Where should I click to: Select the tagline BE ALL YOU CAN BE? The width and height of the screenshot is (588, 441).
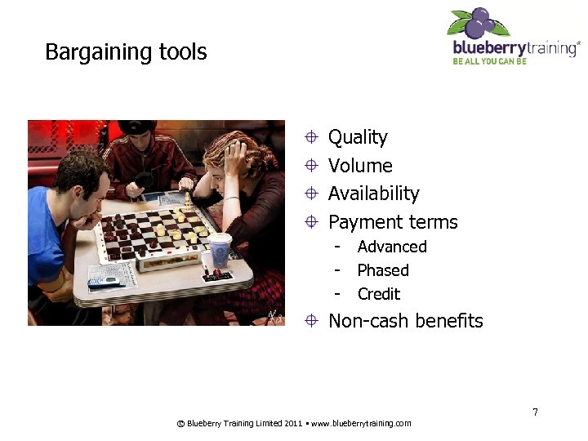coord(490,61)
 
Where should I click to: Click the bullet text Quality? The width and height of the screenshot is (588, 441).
coord(358,137)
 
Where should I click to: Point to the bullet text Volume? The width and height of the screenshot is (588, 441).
coord(360,166)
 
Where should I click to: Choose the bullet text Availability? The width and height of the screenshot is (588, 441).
coord(373,194)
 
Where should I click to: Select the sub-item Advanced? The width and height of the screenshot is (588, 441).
coord(392,247)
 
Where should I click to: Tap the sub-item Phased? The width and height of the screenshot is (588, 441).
coord(383,270)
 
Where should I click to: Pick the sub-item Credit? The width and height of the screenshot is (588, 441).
coord(379,294)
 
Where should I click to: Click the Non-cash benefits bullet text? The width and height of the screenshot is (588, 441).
coord(405,321)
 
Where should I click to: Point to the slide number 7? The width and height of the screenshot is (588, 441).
coord(535,412)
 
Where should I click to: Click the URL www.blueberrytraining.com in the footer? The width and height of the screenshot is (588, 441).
coord(361,423)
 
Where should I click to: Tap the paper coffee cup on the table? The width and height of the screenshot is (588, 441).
coord(220,249)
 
